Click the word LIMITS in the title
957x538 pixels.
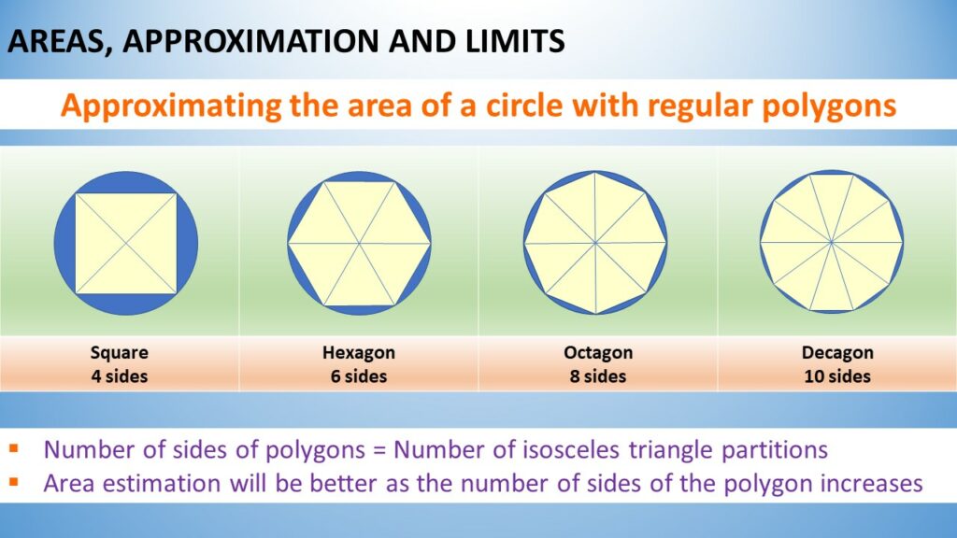pos(515,41)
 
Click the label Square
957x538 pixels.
pos(119,352)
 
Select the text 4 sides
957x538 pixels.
pos(119,376)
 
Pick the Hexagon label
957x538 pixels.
pos(359,352)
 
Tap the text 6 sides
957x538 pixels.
pos(359,376)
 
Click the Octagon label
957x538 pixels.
pos(598,352)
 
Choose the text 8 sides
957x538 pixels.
pos(598,376)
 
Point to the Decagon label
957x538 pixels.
pos(837,352)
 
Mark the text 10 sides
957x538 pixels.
pos(837,376)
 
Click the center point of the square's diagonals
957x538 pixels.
pos(126,244)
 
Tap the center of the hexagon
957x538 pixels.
pos(360,244)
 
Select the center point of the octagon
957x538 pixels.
pos(595,243)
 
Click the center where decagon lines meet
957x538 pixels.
pos(831,242)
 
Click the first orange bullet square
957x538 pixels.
pos(14,449)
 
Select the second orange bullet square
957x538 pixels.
pos(14,483)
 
